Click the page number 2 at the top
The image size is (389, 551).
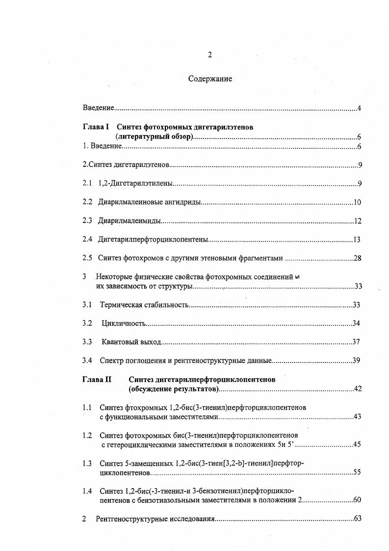click(210, 55)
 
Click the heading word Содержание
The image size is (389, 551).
click(210, 79)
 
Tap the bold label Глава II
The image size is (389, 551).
click(97, 379)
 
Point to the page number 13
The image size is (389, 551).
click(357, 240)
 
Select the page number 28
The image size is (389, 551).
click(357, 258)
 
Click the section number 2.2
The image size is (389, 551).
click(87, 202)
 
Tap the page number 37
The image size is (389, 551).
click(357, 342)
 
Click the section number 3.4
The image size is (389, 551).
click(87, 360)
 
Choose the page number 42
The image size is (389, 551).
click(358, 389)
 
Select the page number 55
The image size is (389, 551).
click(357, 472)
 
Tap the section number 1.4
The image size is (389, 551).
click(87, 491)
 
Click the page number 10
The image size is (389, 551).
click(357, 202)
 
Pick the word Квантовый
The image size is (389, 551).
click(118, 342)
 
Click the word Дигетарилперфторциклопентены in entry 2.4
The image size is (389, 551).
click(154, 240)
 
